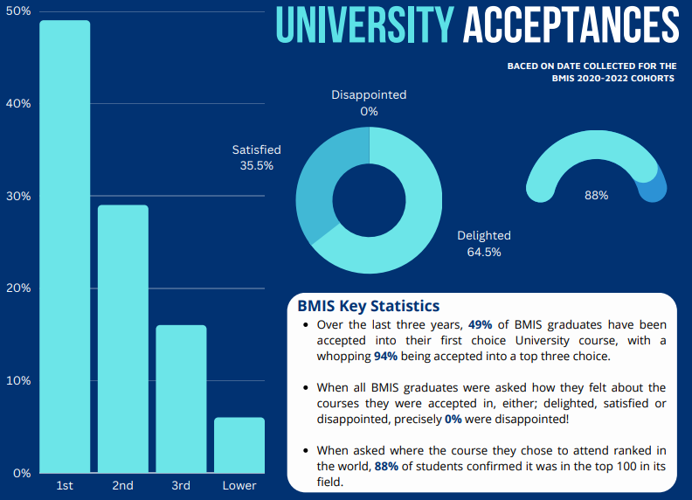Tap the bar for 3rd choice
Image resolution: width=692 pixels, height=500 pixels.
(181, 399)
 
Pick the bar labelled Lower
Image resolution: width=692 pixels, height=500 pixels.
(239, 445)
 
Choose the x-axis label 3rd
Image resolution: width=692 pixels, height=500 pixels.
(181, 485)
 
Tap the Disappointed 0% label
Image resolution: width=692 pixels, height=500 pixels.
(369, 103)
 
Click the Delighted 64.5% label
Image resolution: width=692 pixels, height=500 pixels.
(484, 244)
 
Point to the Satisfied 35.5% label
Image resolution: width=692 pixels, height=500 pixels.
(256, 157)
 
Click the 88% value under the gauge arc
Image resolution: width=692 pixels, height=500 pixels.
(596, 196)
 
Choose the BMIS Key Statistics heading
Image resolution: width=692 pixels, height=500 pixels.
(368, 306)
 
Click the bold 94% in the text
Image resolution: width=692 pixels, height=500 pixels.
(386, 356)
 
